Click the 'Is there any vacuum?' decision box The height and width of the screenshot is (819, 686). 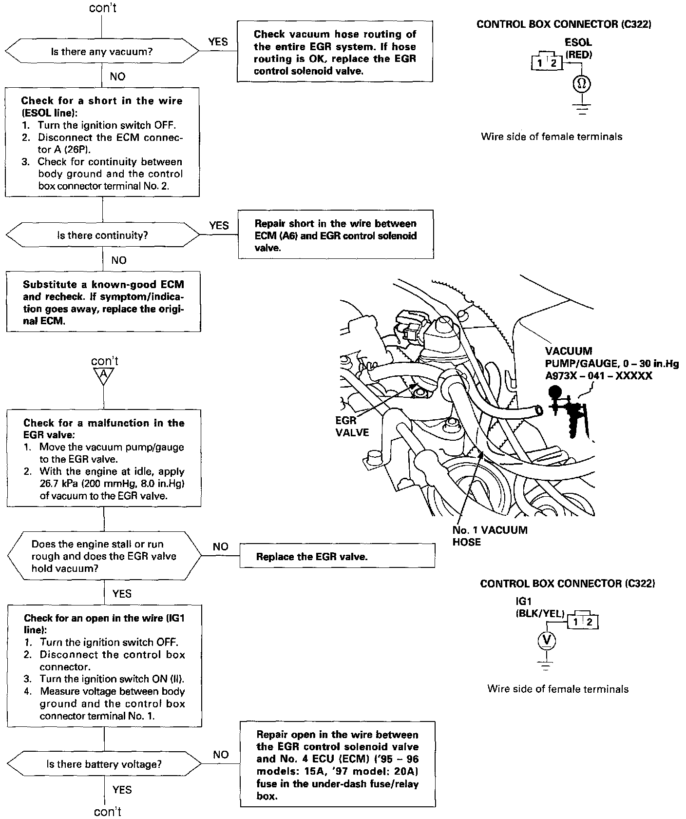pos(102,51)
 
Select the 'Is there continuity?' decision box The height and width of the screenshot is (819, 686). pos(102,235)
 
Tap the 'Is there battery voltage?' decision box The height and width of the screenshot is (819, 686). pos(104,764)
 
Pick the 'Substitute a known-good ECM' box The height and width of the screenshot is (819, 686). pos(103,302)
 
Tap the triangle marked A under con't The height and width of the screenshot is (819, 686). pos(103,375)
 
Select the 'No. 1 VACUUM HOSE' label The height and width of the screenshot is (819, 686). pos(489,536)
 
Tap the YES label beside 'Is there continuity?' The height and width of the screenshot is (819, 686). pos(219,225)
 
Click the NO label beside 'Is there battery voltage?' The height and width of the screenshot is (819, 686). pos(221,755)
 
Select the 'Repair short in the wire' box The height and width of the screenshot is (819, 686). pos(336,235)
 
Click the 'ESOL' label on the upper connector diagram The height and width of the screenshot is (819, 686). pos(578,43)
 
